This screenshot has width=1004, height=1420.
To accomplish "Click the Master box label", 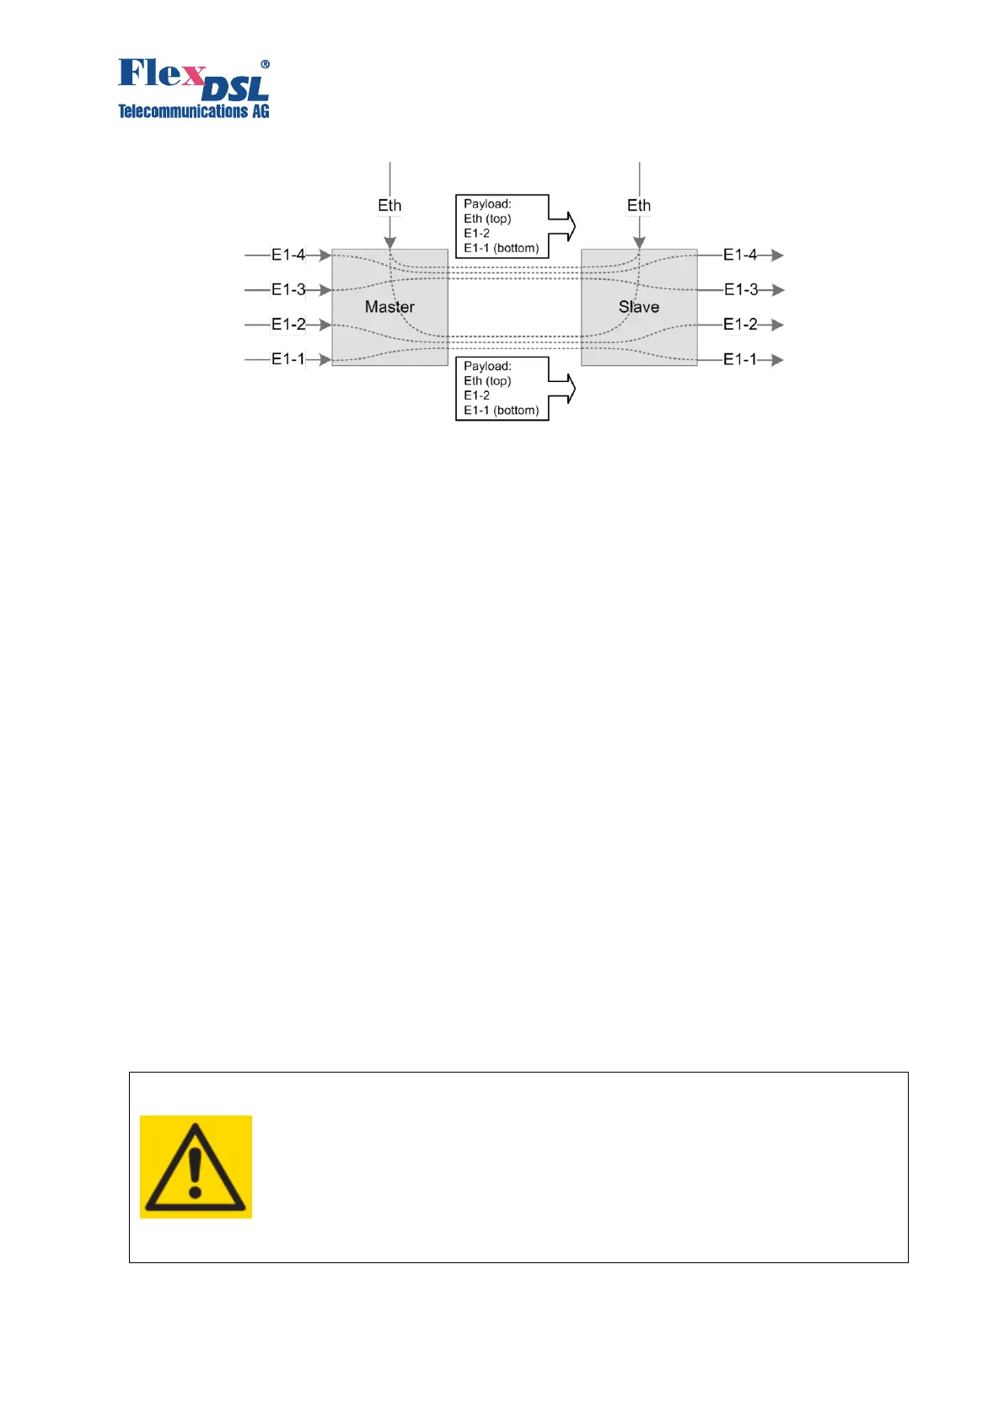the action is tap(389, 307).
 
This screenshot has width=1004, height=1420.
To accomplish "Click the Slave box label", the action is tap(639, 307).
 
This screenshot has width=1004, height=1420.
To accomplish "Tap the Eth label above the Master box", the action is tap(389, 206).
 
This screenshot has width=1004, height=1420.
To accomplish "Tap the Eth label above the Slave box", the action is tap(639, 206).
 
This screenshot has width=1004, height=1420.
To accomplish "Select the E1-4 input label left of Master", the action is tap(288, 255).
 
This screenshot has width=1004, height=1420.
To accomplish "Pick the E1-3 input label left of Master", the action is tap(288, 289).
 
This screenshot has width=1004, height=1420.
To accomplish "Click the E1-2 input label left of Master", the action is tap(288, 324).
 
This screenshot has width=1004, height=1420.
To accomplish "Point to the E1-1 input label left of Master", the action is tap(288, 359).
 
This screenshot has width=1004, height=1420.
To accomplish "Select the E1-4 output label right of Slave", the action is tap(740, 255).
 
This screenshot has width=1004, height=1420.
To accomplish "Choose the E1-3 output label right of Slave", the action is tap(741, 289).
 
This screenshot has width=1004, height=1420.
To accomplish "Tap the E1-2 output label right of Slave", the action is tap(740, 324).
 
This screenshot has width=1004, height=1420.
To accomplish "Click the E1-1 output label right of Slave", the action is tap(740, 359).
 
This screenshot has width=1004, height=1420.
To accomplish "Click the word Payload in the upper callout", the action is tap(486, 204).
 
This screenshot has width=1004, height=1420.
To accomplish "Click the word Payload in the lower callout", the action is tap(486, 366).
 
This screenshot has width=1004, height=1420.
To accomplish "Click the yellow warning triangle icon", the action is tap(196, 1166).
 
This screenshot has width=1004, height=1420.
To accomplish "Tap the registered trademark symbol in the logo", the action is tap(265, 64).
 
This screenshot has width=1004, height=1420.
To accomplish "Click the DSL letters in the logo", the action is tap(236, 89).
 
